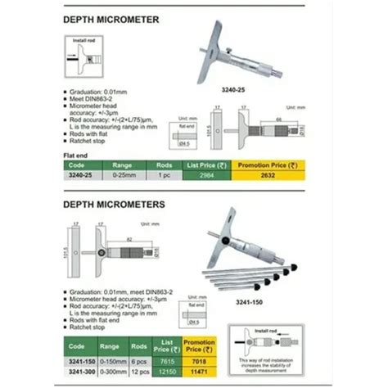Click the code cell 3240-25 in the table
(x=80, y=174)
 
